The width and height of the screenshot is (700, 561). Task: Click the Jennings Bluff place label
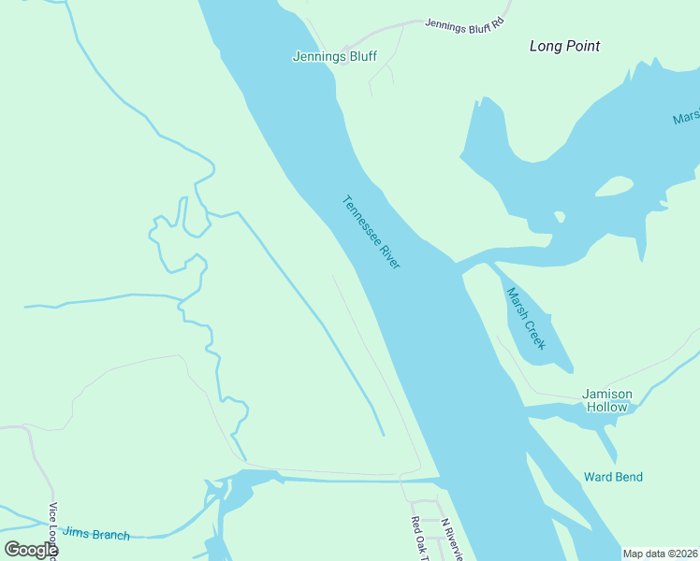coord(334,56)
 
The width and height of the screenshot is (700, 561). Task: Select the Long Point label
coord(564,46)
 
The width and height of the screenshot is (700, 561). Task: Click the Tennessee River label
coord(372,232)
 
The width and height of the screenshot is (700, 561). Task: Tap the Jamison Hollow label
coord(607,400)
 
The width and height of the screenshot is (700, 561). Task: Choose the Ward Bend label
coord(613,477)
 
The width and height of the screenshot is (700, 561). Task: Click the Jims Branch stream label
coord(95,533)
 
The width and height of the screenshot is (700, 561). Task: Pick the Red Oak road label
coord(416,539)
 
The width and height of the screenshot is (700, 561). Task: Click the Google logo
coord(31,550)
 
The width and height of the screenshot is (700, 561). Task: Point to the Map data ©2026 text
coord(660,554)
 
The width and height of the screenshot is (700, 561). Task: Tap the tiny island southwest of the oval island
coord(560,217)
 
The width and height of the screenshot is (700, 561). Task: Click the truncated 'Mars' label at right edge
coord(685,119)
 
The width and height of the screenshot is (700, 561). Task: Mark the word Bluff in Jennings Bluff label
coord(361,56)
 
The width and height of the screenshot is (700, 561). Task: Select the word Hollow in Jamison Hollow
coord(607,407)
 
